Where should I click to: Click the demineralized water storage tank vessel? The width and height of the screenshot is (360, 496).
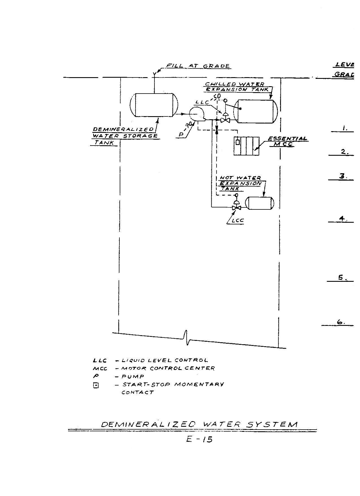[154, 105]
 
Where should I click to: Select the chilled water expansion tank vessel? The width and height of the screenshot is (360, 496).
[256, 111]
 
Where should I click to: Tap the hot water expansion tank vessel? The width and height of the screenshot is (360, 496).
[259, 203]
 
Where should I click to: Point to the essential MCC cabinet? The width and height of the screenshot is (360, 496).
[246, 146]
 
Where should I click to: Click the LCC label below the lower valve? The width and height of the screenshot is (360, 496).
[237, 221]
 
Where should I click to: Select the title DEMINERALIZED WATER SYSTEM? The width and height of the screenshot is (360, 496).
[199, 424]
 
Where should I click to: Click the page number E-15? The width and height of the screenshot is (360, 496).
[199, 439]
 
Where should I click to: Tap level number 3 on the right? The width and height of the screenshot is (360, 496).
[342, 176]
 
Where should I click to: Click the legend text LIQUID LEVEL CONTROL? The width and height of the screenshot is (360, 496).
[165, 360]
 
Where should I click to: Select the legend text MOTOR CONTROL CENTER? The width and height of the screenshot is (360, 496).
[168, 368]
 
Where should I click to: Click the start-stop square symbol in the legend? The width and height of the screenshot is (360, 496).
[96, 385]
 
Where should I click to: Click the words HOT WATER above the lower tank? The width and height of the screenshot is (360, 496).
[241, 178]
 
